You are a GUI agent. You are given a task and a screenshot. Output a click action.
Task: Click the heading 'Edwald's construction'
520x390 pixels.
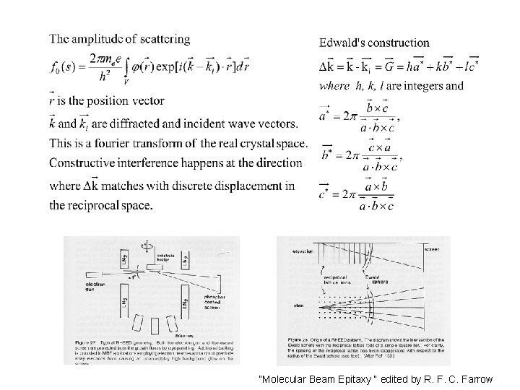point(374,43)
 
